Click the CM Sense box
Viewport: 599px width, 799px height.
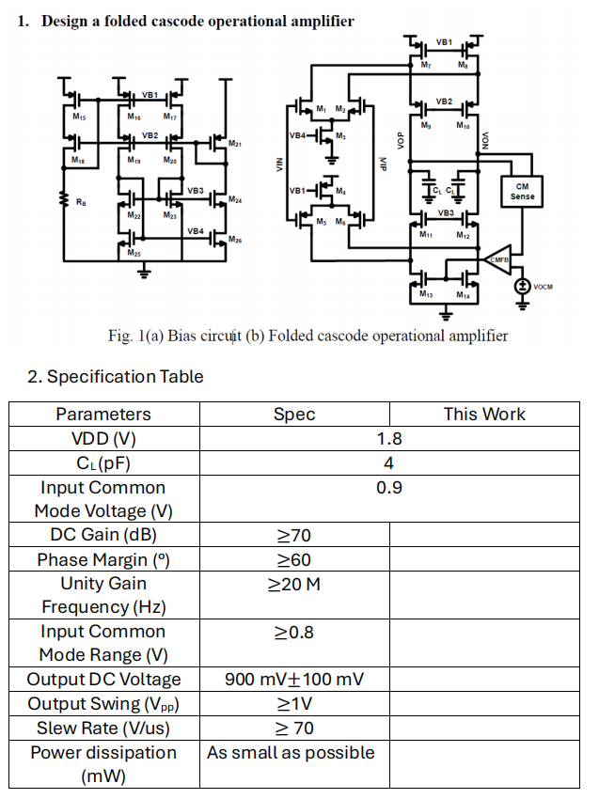tap(522, 191)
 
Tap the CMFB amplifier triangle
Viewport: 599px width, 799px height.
tap(497, 259)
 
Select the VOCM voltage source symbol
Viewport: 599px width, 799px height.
tap(522, 287)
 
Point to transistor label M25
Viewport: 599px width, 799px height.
tap(134, 253)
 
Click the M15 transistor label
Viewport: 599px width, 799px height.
tap(78, 117)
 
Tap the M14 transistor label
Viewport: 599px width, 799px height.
tap(463, 295)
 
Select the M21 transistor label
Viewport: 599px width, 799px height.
tap(235, 144)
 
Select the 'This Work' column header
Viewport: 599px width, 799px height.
tap(484, 414)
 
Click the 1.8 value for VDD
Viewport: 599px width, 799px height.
tap(388, 438)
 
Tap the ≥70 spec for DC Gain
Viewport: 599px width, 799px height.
tap(293, 536)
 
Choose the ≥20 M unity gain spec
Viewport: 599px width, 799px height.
tap(293, 584)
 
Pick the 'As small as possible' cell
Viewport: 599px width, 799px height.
tap(291, 752)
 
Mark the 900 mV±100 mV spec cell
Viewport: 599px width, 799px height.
tap(293, 680)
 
